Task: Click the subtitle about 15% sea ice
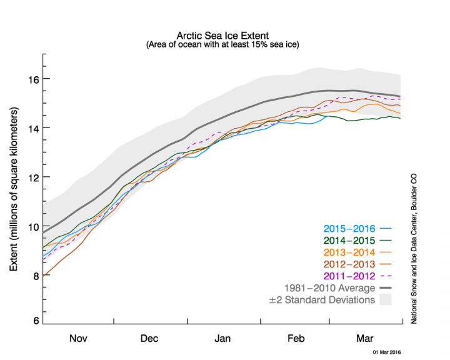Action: [223, 46]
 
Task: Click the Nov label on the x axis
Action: [77, 338]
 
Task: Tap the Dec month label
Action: [150, 338]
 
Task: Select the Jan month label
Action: [223, 338]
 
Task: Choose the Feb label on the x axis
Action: [295, 338]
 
